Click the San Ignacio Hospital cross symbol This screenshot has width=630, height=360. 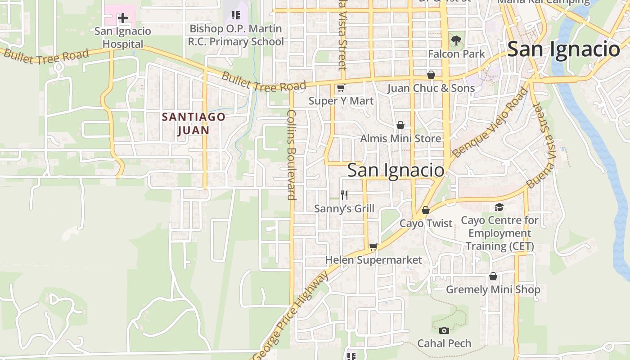(x=122, y=18)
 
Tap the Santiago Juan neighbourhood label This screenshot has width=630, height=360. (x=193, y=124)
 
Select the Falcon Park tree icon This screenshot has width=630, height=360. (x=456, y=40)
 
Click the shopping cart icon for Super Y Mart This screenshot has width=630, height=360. (x=341, y=88)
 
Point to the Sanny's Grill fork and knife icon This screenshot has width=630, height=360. (x=344, y=195)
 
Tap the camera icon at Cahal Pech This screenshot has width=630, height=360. (x=444, y=331)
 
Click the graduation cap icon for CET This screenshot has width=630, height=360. (x=499, y=207)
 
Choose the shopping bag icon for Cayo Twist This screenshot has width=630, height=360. (x=426, y=210)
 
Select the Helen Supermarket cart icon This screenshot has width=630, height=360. (x=373, y=247)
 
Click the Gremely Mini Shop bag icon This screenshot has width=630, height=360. (x=493, y=276)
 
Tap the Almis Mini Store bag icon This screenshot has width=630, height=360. (x=400, y=125)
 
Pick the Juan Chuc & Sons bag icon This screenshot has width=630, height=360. (x=431, y=75)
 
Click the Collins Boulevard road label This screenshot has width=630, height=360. (x=292, y=154)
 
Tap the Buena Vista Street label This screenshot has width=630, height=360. (x=541, y=145)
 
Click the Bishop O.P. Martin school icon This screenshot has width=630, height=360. (x=235, y=16)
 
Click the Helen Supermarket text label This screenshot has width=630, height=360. (x=373, y=260)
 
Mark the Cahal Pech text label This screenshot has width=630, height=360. (x=444, y=343)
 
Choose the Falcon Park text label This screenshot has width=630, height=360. (x=456, y=54)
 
